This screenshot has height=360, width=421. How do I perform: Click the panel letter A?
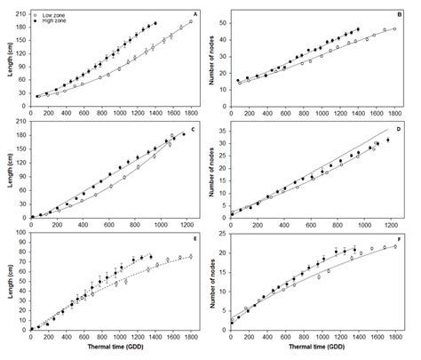(x=195, y=12)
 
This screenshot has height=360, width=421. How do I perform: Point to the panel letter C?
(x=195, y=131)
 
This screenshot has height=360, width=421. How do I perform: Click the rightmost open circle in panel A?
(x=191, y=21)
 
